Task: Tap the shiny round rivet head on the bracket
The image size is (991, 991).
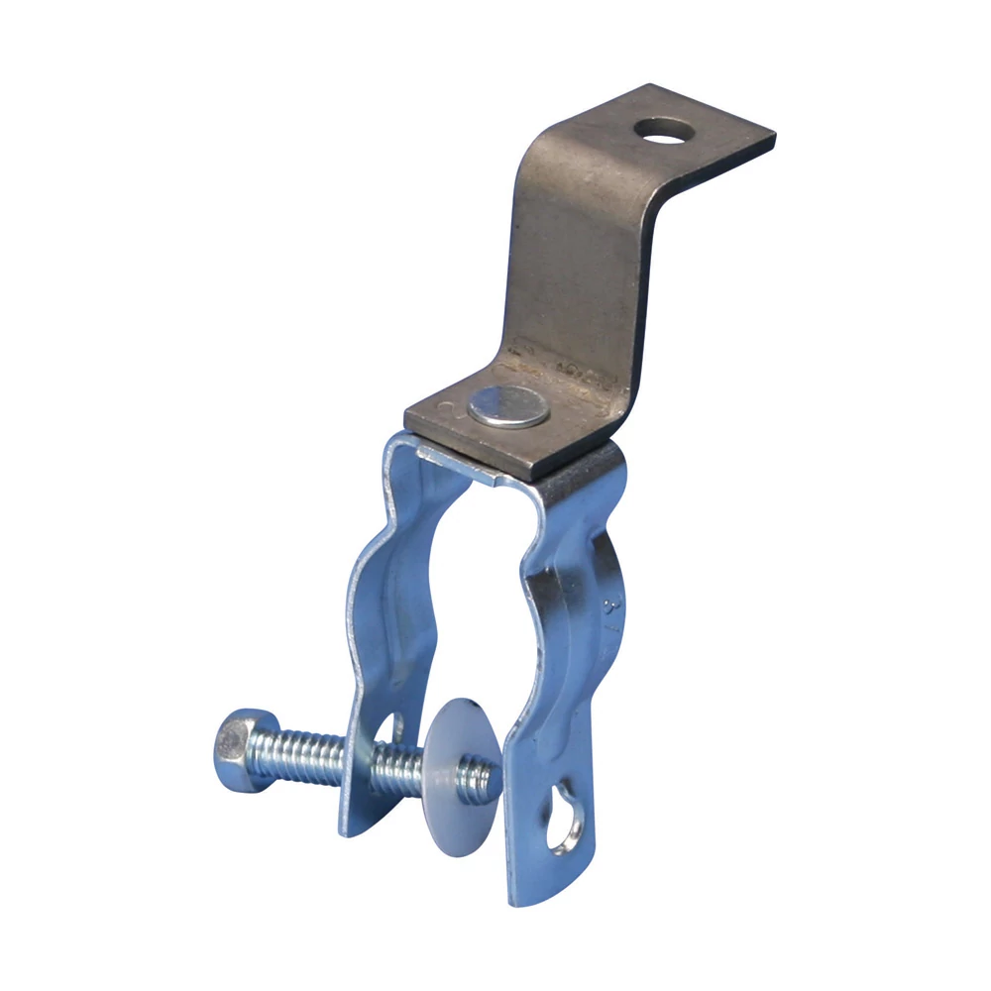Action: [x=509, y=406]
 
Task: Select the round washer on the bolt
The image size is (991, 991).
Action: [x=456, y=763]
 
